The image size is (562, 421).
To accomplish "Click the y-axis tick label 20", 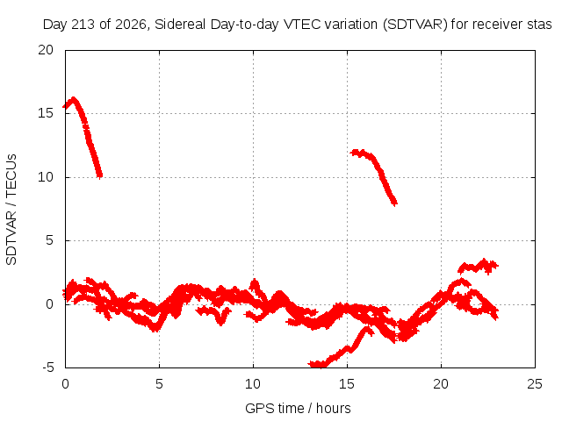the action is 46,50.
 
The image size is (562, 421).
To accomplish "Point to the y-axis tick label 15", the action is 46,113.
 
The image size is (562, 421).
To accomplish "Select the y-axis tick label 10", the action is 46,177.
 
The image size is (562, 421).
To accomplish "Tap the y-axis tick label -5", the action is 47,367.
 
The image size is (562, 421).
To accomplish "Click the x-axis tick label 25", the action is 535,384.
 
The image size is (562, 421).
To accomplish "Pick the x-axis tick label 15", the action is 347,384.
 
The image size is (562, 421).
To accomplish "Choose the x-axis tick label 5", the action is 159,384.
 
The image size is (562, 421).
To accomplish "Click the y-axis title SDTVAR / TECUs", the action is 11,210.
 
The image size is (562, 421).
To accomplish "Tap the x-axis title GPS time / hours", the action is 298,408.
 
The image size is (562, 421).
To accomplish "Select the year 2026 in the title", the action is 131,25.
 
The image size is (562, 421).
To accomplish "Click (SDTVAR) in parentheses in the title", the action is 415,25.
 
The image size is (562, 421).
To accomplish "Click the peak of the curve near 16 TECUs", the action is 74,98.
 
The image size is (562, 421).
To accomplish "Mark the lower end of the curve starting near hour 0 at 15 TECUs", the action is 100,175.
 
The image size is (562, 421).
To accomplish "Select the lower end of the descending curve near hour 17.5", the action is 394,203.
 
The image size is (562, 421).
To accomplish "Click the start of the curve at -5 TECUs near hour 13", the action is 310,364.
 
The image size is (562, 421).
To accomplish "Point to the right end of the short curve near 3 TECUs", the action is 496,266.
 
